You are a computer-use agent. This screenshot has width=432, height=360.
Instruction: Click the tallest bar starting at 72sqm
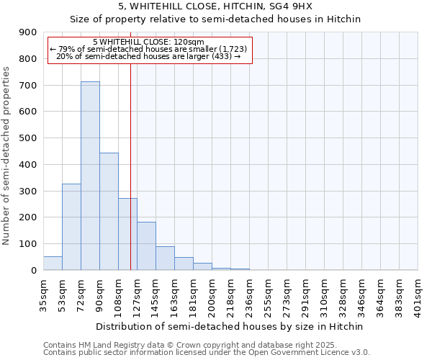(90, 176)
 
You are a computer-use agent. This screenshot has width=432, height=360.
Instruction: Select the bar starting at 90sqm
(109, 212)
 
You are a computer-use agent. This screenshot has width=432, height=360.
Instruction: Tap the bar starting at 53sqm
(71, 227)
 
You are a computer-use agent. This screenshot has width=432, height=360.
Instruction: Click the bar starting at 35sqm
(53, 264)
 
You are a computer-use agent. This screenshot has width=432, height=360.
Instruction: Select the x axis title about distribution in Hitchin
(230, 326)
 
